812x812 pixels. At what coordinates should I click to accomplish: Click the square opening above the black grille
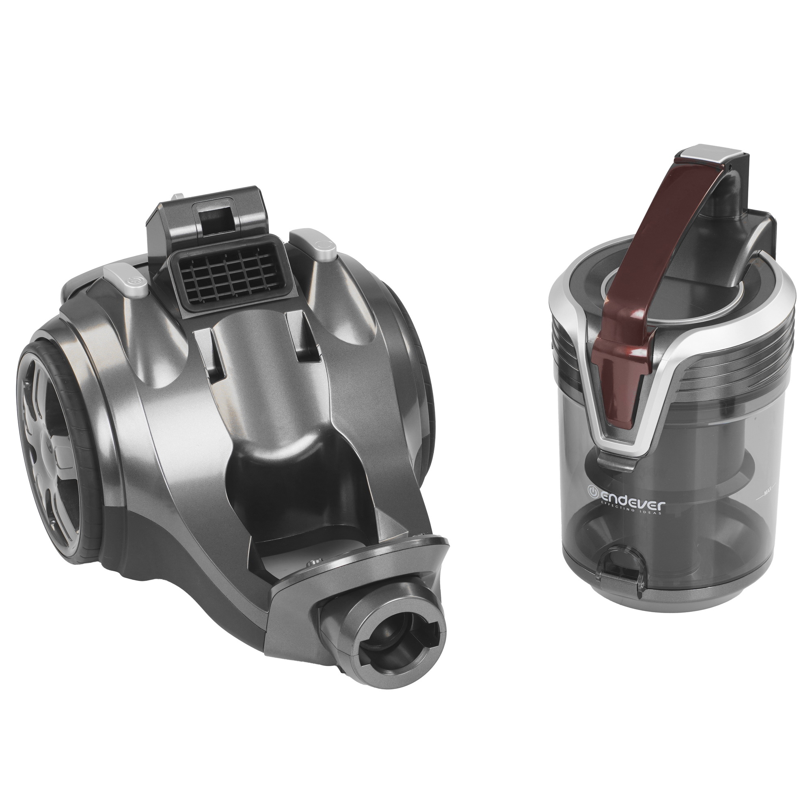tap(218, 216)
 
